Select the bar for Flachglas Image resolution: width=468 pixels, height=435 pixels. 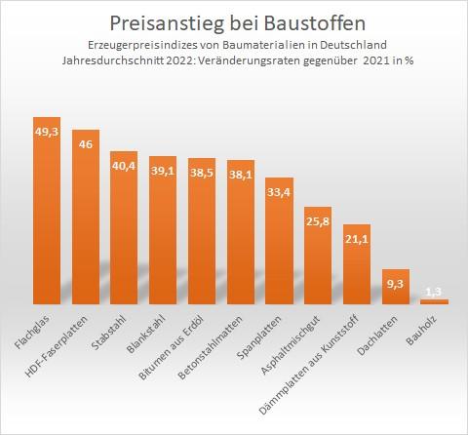pos(47,215)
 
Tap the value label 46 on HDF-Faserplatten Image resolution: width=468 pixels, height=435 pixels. pos(86,144)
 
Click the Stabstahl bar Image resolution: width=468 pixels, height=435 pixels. pos(124,234)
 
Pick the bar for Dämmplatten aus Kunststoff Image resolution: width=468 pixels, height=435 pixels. pos(357,268)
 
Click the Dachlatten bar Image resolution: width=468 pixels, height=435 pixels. pos(395,289)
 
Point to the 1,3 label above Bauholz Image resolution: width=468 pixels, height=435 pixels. pos(434,292)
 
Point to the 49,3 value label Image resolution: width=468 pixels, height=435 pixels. pos(47,131)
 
